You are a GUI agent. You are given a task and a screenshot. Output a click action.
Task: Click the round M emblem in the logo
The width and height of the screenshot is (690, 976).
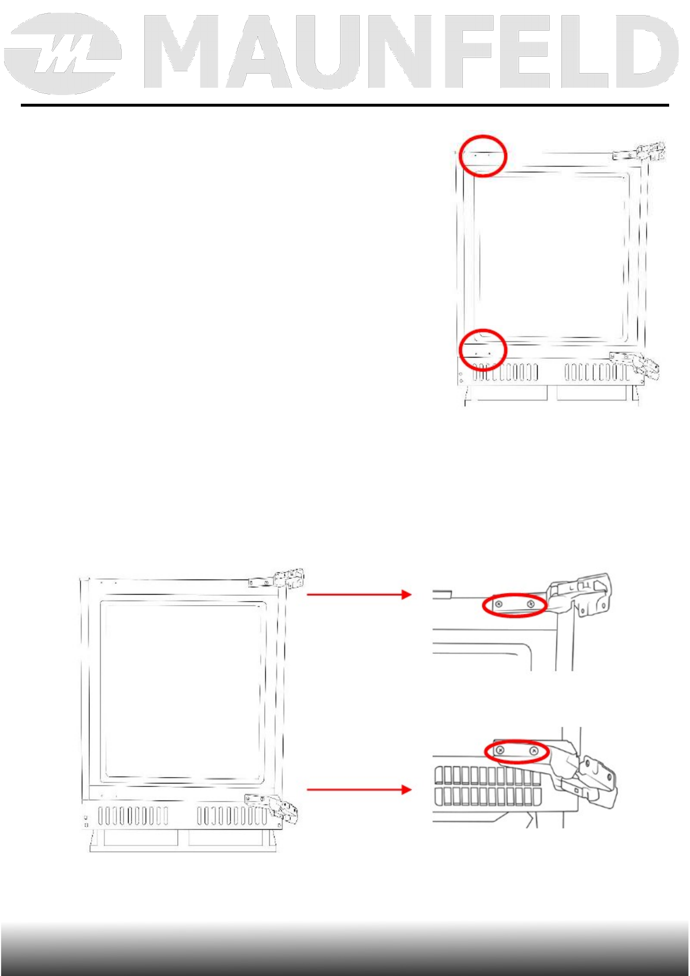click(x=63, y=54)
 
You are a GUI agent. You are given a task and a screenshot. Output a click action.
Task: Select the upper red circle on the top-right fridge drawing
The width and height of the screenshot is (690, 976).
click(x=483, y=155)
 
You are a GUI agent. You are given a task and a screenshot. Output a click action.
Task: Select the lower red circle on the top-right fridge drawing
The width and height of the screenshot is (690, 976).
click(x=483, y=349)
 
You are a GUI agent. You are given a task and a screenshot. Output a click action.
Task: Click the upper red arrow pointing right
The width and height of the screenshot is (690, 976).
click(x=359, y=594)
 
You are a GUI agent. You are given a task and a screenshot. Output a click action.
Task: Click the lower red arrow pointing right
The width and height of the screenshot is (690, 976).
click(x=359, y=789)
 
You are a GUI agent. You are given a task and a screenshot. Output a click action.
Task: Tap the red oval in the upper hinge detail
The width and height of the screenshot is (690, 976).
click(x=515, y=605)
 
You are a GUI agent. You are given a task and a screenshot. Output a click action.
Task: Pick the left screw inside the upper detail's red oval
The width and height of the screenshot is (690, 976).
click(x=499, y=605)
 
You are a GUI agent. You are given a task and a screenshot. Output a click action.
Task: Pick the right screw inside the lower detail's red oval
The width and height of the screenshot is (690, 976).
click(x=534, y=752)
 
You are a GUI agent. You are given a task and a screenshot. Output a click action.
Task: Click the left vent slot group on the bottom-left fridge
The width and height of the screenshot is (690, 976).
click(x=133, y=816)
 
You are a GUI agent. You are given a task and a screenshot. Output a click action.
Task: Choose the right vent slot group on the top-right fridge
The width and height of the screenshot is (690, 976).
click(x=596, y=372)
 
